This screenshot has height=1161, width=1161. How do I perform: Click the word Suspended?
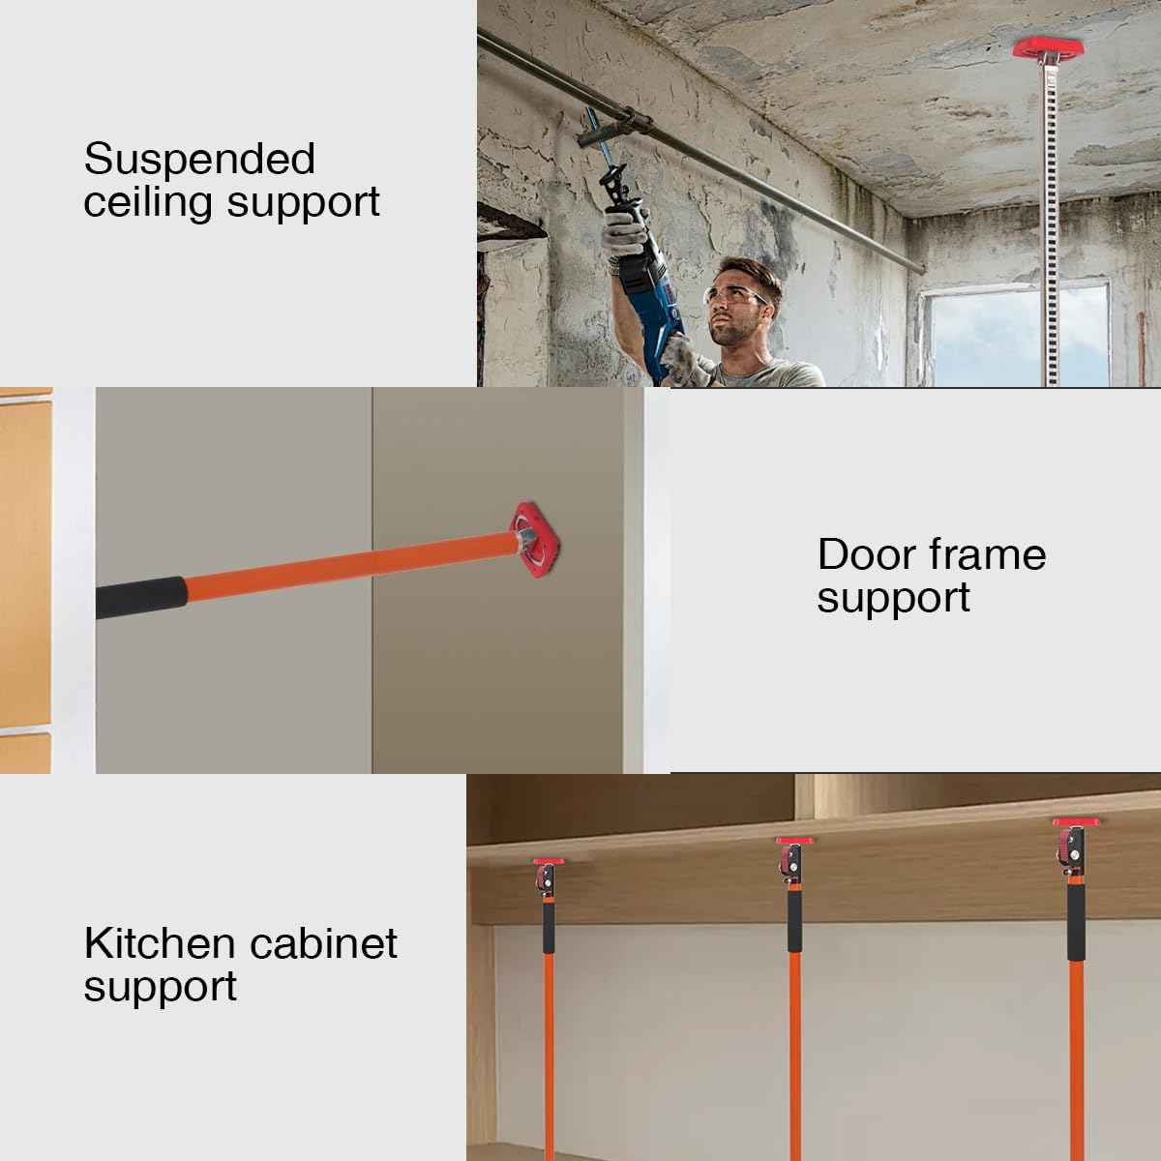199,160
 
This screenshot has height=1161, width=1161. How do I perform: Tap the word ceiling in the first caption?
148,203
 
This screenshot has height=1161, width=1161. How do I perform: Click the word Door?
865,555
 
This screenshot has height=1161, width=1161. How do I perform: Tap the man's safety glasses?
741,296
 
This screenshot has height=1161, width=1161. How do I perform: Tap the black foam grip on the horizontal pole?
140,595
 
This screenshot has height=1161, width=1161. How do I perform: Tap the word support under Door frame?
893,599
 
